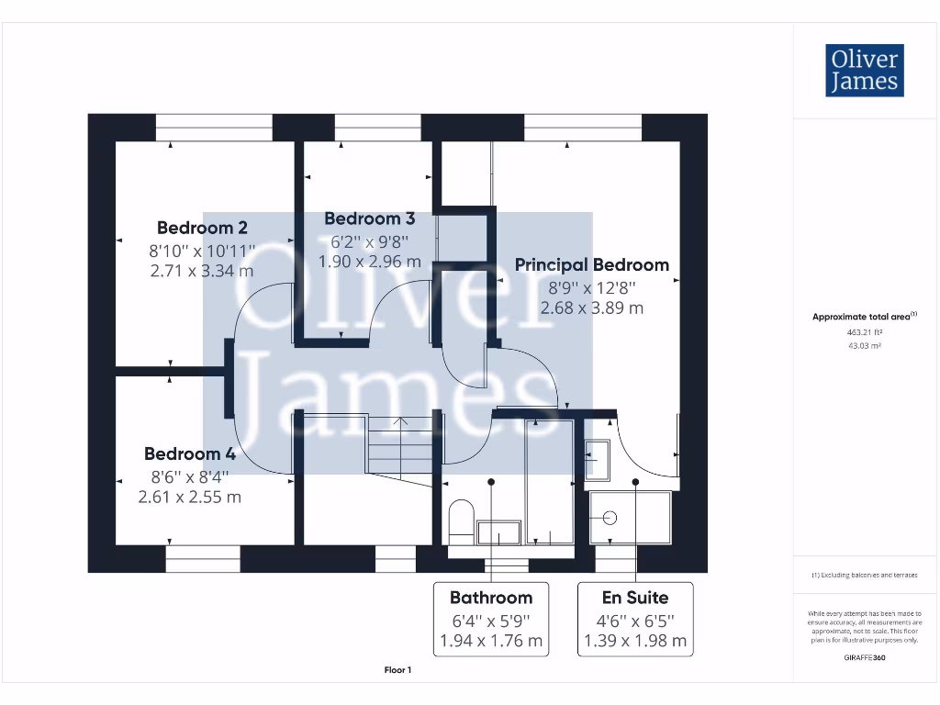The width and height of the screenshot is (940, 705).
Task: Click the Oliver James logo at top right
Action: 864,70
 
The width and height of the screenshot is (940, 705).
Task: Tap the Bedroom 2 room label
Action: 202,228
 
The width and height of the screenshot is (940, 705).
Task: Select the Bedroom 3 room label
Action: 369,218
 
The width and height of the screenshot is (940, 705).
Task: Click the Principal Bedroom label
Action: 591,264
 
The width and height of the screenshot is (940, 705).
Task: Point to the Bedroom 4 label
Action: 189,453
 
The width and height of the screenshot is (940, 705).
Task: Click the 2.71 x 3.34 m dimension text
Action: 201,271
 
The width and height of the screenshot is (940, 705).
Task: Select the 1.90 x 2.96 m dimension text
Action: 369,262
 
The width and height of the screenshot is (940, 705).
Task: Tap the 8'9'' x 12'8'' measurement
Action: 591,286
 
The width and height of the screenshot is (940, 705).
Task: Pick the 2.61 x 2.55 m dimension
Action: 189,497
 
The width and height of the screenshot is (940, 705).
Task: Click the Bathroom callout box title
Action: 490,598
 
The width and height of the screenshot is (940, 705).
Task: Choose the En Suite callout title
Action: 634,598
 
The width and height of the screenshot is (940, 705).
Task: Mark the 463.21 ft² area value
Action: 864,333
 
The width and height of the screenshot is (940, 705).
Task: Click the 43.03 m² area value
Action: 864,345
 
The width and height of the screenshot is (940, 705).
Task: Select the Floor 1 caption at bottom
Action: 397,670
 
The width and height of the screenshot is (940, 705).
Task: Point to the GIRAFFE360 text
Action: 864,657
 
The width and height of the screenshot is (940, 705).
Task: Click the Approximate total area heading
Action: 864,316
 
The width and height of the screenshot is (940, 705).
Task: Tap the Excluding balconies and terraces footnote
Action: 864,575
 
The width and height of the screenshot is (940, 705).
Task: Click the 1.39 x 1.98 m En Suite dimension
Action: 634,641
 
